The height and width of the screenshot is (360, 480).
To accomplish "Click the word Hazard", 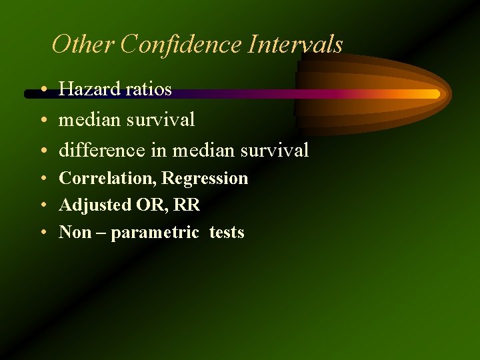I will pos(87,89).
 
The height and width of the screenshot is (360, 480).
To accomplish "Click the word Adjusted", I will pos(95,205).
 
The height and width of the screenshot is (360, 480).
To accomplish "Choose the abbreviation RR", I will pos(187,205).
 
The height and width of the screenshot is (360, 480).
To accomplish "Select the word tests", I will pos(227,233).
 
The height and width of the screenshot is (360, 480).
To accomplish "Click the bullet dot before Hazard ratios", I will pos(42,89).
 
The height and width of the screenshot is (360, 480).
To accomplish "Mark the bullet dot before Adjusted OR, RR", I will pos(42,206).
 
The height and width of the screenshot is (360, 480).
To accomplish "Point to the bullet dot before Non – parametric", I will pos(42,233).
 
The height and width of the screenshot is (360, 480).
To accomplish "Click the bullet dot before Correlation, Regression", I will pos(42,179).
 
